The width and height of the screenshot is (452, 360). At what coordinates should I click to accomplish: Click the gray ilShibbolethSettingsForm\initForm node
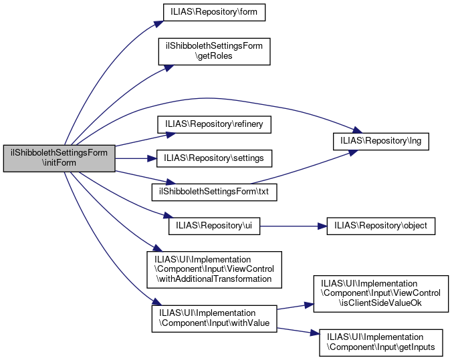[60, 158]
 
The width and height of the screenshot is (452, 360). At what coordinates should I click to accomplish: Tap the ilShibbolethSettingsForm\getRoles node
[214, 51]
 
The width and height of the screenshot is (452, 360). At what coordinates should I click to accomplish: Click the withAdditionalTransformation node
[215, 269]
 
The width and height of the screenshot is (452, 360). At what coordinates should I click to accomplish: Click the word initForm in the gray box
[60, 163]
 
